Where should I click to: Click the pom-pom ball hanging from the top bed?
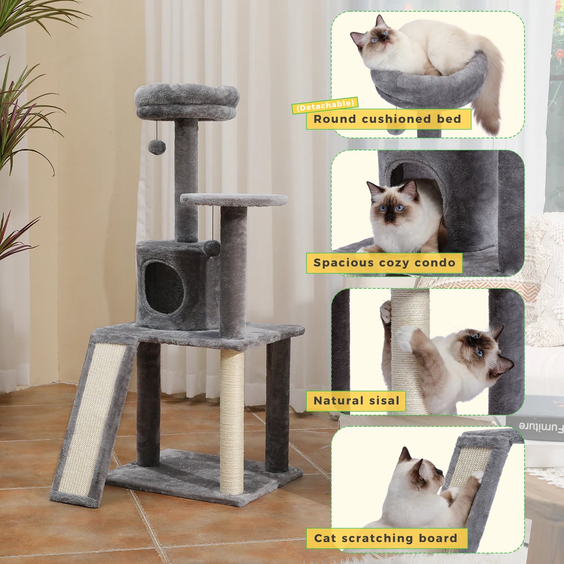(x=157, y=147)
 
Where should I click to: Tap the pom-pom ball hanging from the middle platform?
(x=212, y=248)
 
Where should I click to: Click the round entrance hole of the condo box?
(x=164, y=287)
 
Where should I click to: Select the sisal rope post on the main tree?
(x=232, y=422)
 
